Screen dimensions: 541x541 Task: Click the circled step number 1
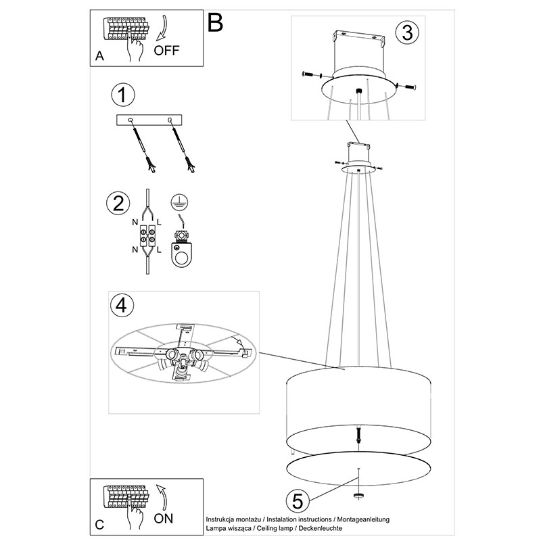(123, 95)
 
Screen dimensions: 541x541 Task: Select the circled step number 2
(118, 204)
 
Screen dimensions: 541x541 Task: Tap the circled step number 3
(407, 32)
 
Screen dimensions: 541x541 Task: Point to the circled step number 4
(121, 306)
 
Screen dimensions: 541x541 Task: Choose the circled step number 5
(298, 501)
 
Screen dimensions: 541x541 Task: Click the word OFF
(166, 51)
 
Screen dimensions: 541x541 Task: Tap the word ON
(164, 519)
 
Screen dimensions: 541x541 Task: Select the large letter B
(215, 23)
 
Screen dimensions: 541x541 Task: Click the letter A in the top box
(99, 55)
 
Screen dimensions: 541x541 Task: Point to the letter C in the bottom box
(99, 525)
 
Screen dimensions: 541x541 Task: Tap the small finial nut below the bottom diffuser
(358, 496)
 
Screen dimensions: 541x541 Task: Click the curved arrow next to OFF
(162, 29)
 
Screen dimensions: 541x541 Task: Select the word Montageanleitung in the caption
(363, 519)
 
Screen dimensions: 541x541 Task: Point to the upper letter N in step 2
(135, 222)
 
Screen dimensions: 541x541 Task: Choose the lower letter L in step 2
(159, 250)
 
